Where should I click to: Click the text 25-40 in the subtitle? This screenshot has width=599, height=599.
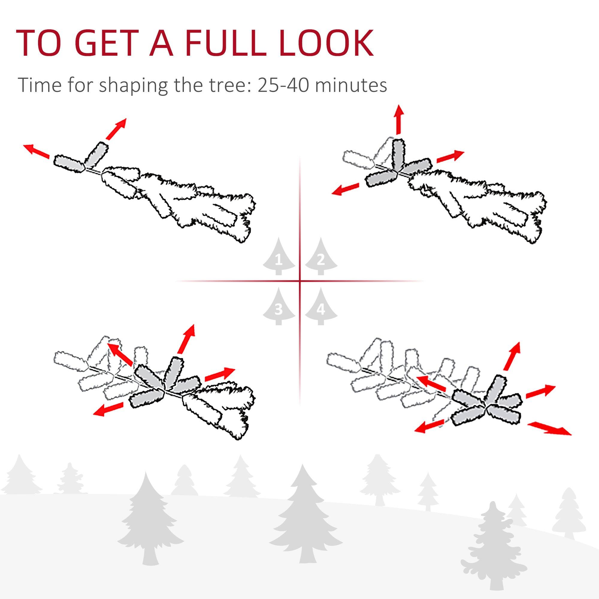[284, 85]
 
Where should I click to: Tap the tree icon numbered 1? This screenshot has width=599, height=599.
[279, 257]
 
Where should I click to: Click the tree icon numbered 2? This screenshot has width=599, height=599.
[321, 257]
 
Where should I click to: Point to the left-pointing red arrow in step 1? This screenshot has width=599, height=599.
[37, 151]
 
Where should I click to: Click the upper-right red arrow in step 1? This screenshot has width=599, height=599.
[116, 128]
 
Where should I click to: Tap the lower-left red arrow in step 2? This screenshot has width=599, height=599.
[345, 189]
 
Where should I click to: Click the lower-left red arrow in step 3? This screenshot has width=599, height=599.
[108, 409]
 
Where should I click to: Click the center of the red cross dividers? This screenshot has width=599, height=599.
[299, 281]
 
